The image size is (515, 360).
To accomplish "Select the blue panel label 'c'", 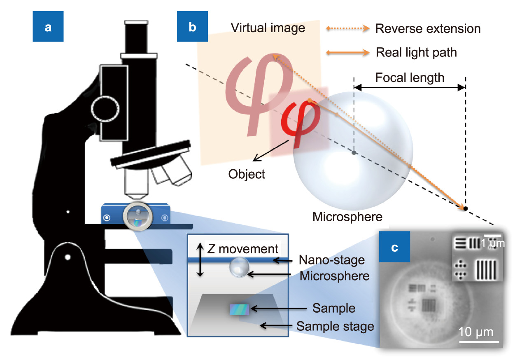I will point(394,248).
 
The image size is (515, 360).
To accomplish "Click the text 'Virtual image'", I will point(268,28).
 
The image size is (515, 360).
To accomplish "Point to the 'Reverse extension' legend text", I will point(428,29).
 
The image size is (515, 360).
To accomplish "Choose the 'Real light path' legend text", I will point(417,52).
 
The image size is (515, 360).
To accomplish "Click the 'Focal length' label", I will point(410,77).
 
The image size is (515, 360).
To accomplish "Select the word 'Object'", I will point(247,174).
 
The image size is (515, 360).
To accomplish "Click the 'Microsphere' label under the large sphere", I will point(347,216).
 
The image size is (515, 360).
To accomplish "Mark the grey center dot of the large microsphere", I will point(354,153).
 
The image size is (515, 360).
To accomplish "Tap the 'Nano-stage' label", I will point(332,260).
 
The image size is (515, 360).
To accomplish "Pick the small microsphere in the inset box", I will point(240,268).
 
